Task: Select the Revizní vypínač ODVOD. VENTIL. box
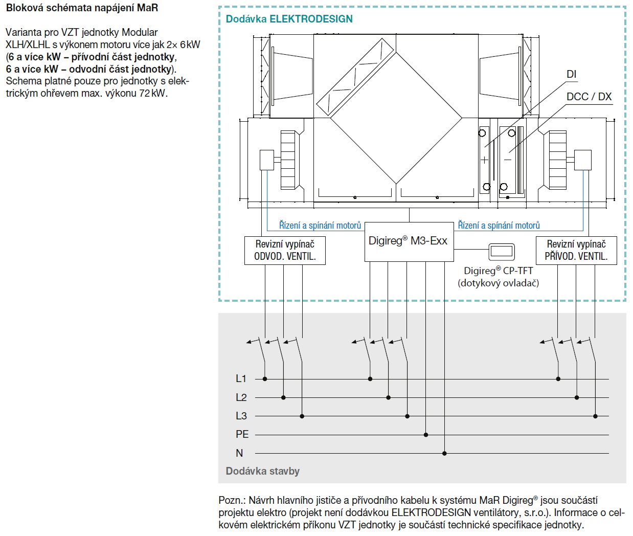point(285,250)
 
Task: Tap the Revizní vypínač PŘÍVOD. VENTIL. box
point(576,250)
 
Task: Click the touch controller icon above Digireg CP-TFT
point(501,252)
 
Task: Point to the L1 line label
point(241,379)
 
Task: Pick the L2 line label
point(241,397)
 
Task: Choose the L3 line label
point(241,416)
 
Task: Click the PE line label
point(242,435)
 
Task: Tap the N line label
point(239,453)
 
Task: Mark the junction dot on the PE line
point(426,435)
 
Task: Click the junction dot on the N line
point(444,453)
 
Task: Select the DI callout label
point(571,75)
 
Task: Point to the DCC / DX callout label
point(589,97)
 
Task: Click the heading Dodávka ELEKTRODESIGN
point(289,19)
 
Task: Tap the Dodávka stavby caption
point(262,471)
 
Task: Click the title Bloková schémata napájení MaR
point(82,8)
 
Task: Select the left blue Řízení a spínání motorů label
point(320,226)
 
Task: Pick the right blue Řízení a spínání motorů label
point(499,226)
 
